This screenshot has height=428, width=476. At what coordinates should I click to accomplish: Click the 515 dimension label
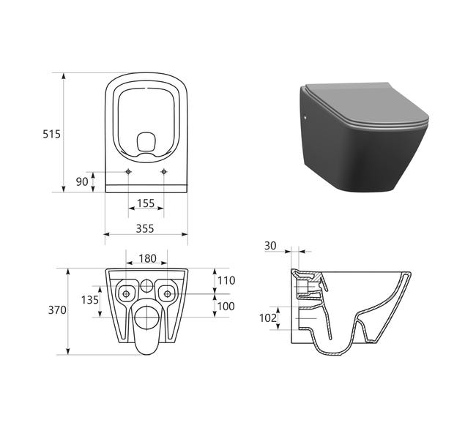51,134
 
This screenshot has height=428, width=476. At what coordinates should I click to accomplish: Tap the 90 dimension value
82,181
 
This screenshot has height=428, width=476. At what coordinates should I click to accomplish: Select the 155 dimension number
146,203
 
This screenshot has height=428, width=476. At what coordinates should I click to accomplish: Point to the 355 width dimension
145,228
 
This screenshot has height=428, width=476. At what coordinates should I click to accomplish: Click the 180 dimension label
147,258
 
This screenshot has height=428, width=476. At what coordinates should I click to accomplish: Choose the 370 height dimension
57,310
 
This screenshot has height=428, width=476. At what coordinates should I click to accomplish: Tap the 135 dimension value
90,300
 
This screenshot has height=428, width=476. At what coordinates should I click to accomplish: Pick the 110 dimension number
226,281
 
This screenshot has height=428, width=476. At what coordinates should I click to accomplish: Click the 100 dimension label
226,307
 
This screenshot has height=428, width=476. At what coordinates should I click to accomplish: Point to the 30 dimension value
270,246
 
